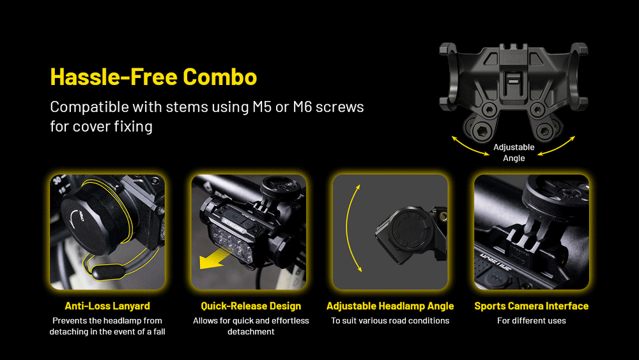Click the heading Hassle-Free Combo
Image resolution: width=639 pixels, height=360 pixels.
click(153, 77)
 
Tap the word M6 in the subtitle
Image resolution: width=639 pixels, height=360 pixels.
click(302, 107)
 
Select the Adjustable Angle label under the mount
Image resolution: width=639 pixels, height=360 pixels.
click(514, 152)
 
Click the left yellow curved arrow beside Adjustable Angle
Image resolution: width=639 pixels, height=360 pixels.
click(468, 148)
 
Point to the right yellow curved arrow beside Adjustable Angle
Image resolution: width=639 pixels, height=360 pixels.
click(557, 147)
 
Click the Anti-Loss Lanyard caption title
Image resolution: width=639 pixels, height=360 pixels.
click(107, 306)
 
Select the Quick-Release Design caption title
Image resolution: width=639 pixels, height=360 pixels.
click(251, 306)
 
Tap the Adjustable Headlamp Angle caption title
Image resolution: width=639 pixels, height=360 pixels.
click(390, 306)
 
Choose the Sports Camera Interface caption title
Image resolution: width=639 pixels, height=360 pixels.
click(532, 306)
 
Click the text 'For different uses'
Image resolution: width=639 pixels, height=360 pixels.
click(532, 321)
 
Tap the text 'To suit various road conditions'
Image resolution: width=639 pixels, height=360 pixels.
click(390, 321)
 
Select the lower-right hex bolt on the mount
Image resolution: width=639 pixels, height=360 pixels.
click(545, 131)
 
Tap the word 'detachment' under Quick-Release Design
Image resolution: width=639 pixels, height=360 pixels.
click(251, 332)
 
